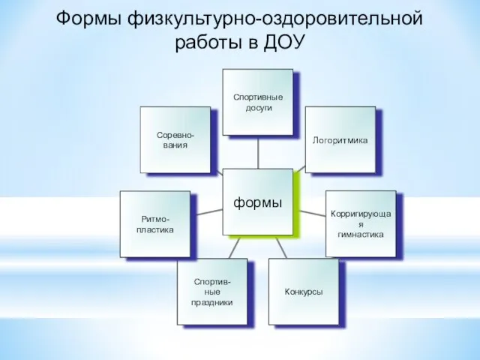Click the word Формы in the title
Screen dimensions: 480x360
pyautogui.click(x=88, y=19)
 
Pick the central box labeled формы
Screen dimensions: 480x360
pyautogui.click(x=258, y=202)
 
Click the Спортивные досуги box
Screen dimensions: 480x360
pyautogui.click(x=258, y=102)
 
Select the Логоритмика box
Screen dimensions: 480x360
pyautogui.click(x=340, y=139)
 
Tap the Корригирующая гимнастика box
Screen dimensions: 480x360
pyautogui.click(x=361, y=223)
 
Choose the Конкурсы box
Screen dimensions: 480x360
pyautogui.click(x=304, y=292)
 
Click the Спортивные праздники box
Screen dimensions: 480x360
pyautogui.click(x=212, y=292)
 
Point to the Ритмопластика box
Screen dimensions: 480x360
pyautogui.click(x=155, y=224)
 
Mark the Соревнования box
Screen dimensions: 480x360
pyautogui.click(x=175, y=140)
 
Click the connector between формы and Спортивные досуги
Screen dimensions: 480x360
pyautogui.click(x=258, y=152)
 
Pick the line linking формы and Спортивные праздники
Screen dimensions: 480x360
pyautogui.click(x=235, y=247)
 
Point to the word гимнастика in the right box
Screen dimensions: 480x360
pyautogui.click(x=361, y=235)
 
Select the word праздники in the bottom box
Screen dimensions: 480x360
pyautogui.click(x=211, y=302)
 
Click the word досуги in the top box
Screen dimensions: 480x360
pyautogui.click(x=259, y=108)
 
